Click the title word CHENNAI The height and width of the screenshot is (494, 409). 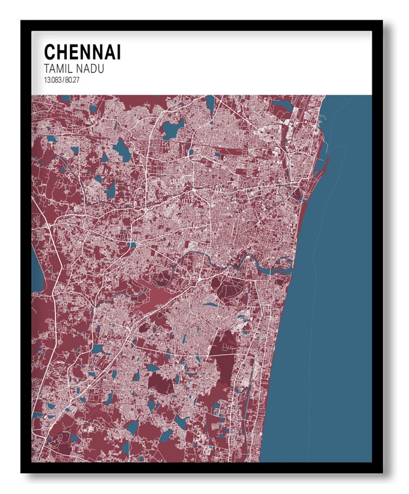(82, 52)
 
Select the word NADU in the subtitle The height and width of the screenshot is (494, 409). (91, 69)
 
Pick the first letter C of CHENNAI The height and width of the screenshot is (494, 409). (49, 52)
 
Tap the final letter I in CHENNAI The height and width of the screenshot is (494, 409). (117, 52)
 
